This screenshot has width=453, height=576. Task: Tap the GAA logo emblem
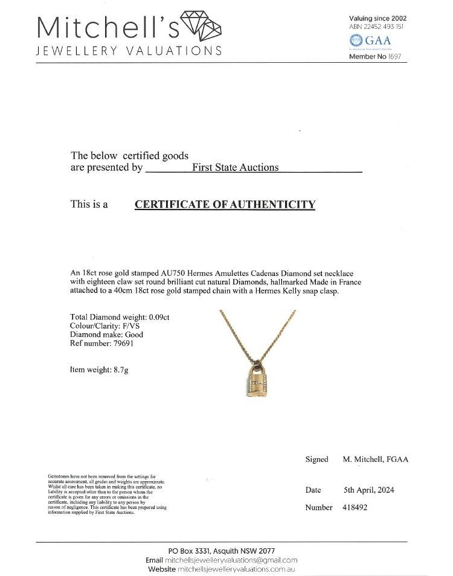pyautogui.click(x=356, y=40)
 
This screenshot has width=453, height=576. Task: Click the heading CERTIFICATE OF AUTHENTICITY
pyautogui.click(x=225, y=204)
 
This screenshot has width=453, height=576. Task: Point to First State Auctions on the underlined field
pyautogui.click(x=235, y=167)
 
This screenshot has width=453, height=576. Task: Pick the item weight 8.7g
pyautogui.click(x=117, y=370)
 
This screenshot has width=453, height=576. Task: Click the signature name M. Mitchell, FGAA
pyautogui.click(x=375, y=459)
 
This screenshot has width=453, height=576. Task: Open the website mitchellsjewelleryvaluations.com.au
pyautogui.click(x=237, y=569)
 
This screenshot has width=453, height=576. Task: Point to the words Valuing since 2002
pyautogui.click(x=376, y=19)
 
